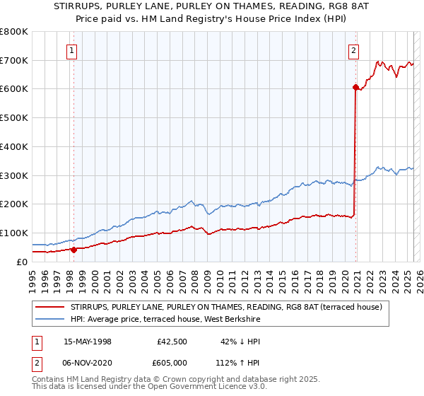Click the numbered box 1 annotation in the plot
[73, 50]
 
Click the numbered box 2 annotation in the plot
[353, 50]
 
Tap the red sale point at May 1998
[74, 249]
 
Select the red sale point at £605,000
[355, 88]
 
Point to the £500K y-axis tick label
[14, 117]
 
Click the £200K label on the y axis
[14, 204]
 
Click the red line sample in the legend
[49, 307]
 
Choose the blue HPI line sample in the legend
[49, 320]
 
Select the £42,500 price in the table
[167, 341]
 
